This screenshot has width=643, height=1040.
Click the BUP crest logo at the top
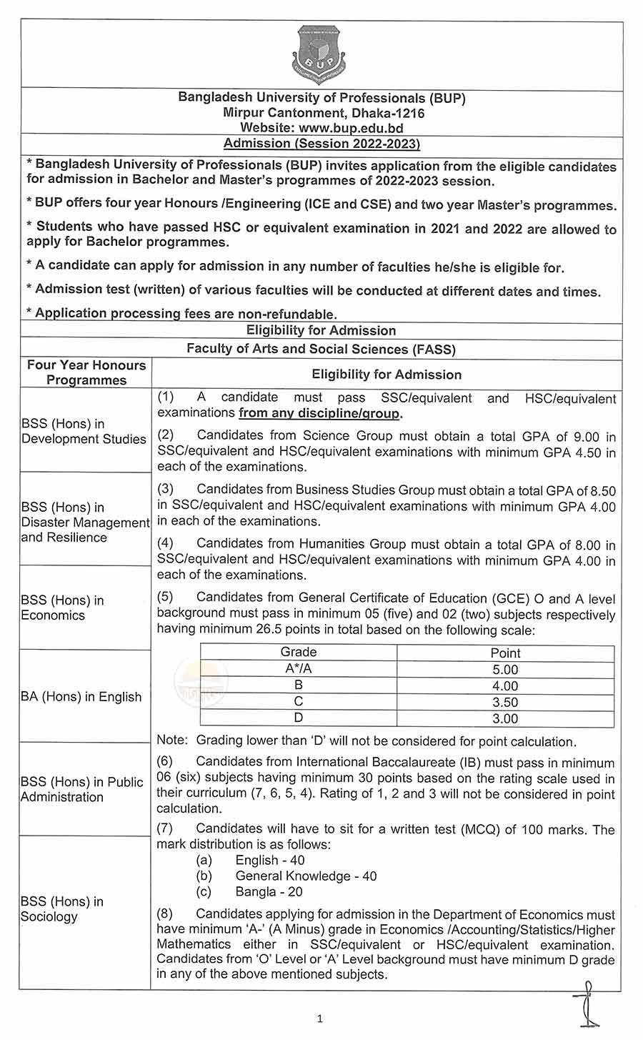(319, 55)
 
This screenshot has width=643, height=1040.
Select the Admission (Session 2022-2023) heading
(321, 144)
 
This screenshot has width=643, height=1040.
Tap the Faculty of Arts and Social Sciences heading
(321, 349)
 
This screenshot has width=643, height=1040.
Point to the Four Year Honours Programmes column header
(86, 372)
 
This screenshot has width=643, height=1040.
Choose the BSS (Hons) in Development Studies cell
(84, 431)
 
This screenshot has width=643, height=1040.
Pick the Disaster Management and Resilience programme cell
(85, 522)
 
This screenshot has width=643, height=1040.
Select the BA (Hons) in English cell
(81, 697)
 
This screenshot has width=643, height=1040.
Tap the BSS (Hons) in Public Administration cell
(82, 789)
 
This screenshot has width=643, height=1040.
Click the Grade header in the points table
(299, 653)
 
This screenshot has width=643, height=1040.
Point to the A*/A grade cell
(299, 669)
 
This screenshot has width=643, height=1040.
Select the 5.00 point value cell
(505, 670)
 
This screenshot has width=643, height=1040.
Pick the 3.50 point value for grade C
(505, 703)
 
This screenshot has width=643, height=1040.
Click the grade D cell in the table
(299, 718)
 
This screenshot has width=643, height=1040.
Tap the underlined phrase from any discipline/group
(320, 413)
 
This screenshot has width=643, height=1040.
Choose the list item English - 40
(270, 860)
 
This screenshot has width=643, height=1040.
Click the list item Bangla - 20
(269, 892)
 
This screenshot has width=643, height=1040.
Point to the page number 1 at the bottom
(320, 1019)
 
